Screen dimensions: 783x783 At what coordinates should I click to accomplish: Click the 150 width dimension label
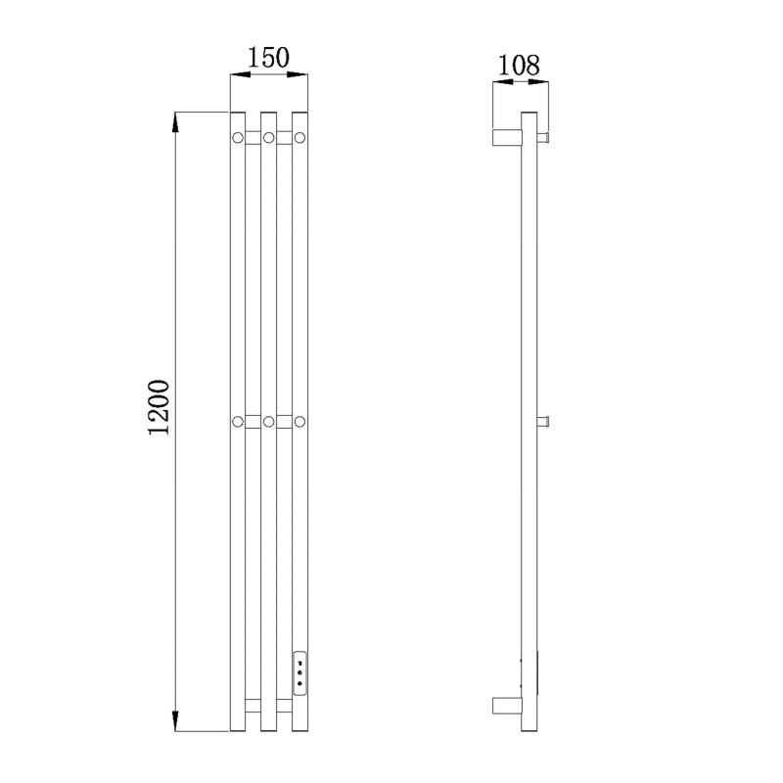(x=268, y=58)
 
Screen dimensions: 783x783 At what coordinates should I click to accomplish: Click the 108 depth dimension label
(x=519, y=65)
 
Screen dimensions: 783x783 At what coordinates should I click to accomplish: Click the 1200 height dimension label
(x=160, y=407)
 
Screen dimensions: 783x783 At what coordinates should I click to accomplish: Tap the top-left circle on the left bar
(x=238, y=137)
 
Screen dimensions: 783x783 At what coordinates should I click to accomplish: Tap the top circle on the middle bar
(x=268, y=137)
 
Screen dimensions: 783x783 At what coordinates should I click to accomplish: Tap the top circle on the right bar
(x=299, y=137)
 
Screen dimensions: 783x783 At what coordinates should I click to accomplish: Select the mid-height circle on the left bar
(x=238, y=422)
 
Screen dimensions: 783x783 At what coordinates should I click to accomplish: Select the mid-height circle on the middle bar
(x=268, y=422)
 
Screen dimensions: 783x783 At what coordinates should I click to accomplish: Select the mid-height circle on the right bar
(x=299, y=422)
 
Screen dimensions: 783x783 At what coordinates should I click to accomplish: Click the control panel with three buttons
(x=299, y=672)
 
